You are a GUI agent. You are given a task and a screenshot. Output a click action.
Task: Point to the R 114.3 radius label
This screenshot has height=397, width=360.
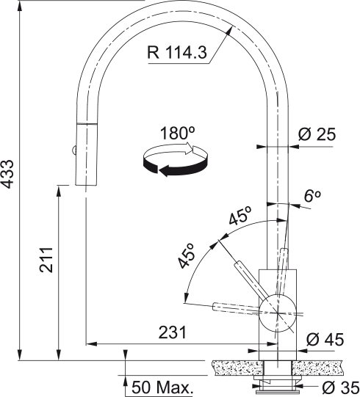coord(177,54)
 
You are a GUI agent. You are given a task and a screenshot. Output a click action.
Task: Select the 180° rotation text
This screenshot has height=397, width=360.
coord(176,135)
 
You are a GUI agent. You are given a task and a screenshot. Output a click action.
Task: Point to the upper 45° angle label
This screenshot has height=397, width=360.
coord(240,217)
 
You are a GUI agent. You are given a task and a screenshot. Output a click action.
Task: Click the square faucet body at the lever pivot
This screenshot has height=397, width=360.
coord(278,308)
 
